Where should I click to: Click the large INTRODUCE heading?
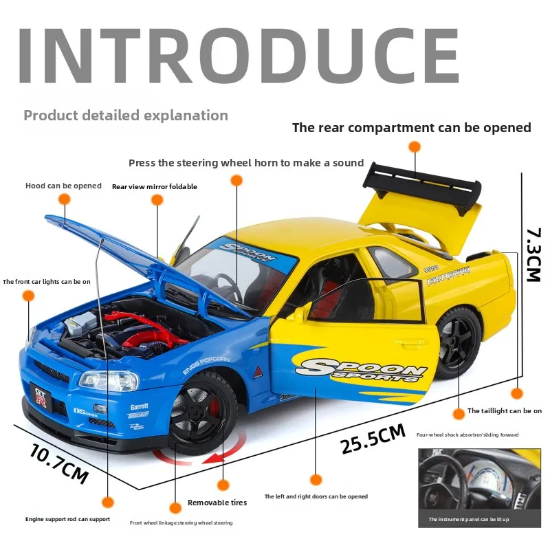[238, 56]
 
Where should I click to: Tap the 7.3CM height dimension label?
[533, 254]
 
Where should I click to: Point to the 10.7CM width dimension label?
[59, 463]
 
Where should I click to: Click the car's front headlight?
[99, 379]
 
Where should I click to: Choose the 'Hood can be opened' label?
[63, 186]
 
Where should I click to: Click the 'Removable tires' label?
[217, 503]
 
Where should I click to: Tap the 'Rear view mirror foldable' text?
[155, 186]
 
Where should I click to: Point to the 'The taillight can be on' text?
[504, 410]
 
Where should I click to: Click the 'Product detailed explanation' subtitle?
[126, 115]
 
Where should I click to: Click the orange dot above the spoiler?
[414, 146]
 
